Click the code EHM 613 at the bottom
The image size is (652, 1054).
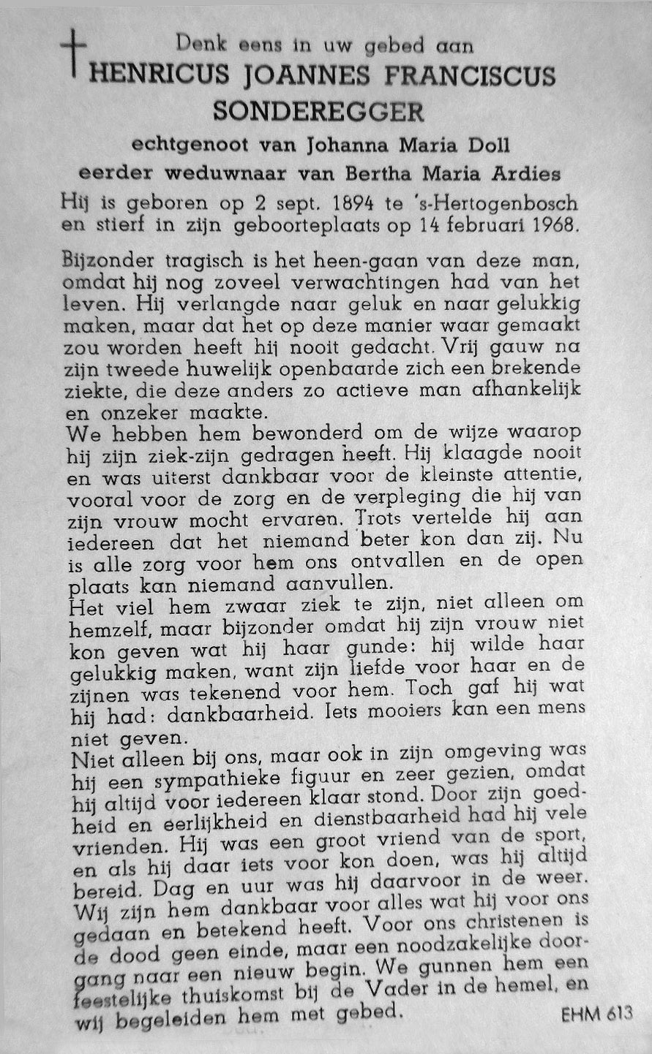[x=596, y=1014]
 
